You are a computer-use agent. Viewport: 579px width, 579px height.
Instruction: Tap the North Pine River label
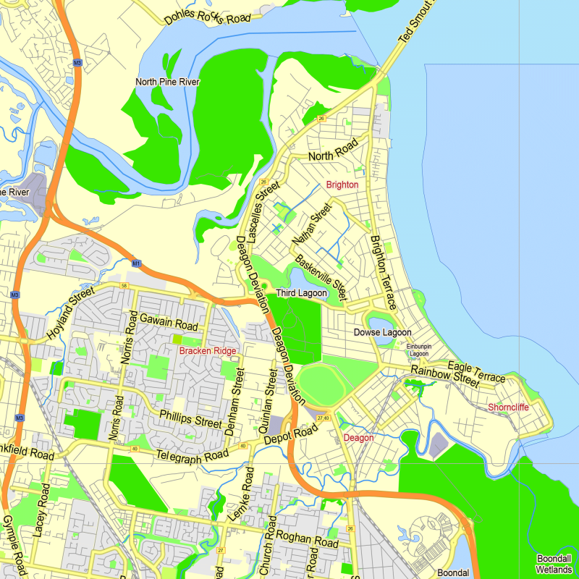[x=167, y=82]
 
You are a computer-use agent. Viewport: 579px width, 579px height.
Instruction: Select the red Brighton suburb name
[x=342, y=185]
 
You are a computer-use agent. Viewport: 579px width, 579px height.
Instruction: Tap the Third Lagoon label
[x=301, y=293]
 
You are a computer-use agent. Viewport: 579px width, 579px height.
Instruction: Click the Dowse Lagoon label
[x=382, y=332]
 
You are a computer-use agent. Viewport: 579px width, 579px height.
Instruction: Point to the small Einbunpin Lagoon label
[x=418, y=350]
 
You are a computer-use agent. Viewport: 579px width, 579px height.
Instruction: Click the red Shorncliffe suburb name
[x=508, y=407]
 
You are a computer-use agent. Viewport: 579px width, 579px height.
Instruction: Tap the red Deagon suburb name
[x=358, y=438]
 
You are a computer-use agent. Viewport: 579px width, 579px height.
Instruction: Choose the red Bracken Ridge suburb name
[x=208, y=351]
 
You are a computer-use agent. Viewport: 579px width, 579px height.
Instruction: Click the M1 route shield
[x=136, y=263]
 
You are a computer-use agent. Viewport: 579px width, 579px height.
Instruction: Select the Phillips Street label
[x=190, y=418]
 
